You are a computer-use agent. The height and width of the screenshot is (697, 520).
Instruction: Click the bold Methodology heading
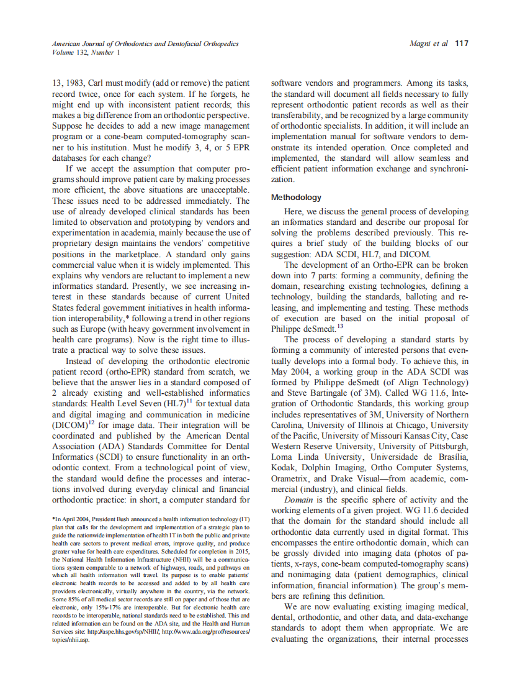coord(297,198)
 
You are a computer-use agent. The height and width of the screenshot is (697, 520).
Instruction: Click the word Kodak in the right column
coord(284,467)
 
